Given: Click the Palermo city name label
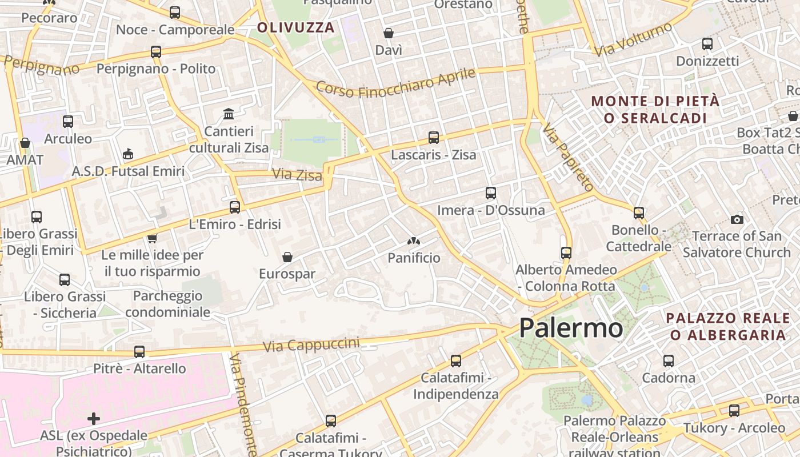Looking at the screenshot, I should tap(570, 328).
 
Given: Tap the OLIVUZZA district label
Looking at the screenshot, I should tap(295, 27).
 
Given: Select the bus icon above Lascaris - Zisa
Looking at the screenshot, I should tap(434, 138).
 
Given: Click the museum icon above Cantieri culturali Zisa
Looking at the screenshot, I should tap(229, 114).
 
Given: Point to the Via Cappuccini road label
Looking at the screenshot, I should tap(311, 344).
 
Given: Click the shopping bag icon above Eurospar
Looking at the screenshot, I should tap(287, 257).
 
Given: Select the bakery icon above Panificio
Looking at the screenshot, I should tap(414, 242).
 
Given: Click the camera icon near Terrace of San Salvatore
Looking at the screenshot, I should tap(737, 219).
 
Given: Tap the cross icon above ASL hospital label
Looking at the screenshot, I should tap(94, 419).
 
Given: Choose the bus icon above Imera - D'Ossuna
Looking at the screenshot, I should tap(491, 193).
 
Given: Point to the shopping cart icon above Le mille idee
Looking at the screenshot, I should tap(152, 238).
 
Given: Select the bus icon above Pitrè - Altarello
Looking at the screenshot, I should tap(139, 352).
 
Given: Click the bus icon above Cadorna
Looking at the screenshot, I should tap(669, 361).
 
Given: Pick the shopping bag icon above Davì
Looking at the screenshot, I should tap(389, 33).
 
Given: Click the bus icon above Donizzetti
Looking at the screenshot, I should tap(707, 43).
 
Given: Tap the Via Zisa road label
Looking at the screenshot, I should tap(297, 174).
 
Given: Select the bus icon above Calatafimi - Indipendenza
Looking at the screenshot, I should tap(456, 361).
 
